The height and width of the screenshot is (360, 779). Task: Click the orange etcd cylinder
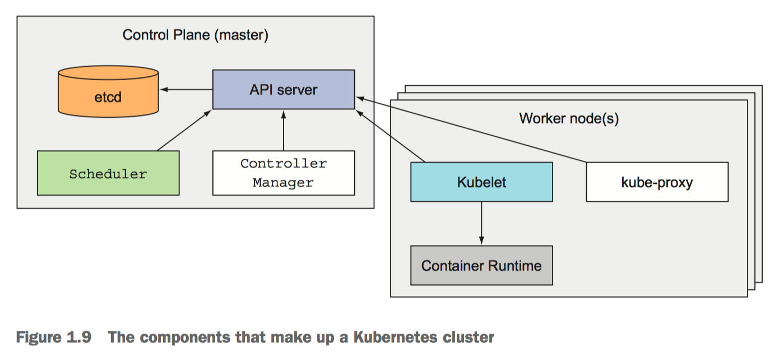pyautogui.click(x=108, y=95)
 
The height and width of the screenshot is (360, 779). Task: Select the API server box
pyautogui.click(x=284, y=90)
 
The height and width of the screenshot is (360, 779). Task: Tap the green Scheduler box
pyautogui.click(x=108, y=173)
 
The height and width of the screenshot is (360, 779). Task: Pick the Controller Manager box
pyautogui.click(x=284, y=173)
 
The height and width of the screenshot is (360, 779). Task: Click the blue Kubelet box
pyautogui.click(x=481, y=182)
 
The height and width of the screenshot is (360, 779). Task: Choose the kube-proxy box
pyautogui.click(x=657, y=182)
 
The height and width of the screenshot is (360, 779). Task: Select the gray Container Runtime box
pyautogui.click(x=481, y=265)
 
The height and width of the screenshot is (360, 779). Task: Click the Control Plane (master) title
pyautogui.click(x=196, y=35)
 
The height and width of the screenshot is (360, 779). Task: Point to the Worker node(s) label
pyautogui.click(x=569, y=119)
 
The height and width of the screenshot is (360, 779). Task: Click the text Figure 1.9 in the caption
pyautogui.click(x=54, y=338)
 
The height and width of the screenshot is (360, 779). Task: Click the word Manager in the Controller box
pyautogui.click(x=283, y=182)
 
